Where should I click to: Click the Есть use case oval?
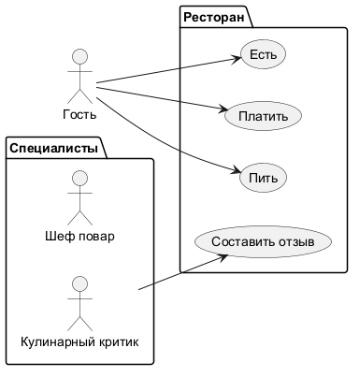[263, 54]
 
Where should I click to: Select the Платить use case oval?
[263, 116]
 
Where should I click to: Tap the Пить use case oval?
[263, 178]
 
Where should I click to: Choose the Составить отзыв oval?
[263, 241]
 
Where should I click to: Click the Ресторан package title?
[214, 17]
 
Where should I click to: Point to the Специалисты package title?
[53, 148]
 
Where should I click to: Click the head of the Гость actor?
[79, 57]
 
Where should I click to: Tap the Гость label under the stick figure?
[79, 114]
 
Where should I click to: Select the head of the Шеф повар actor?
[79, 179]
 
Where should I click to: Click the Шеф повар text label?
[79, 236]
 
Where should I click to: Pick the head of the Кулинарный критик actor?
[79, 284]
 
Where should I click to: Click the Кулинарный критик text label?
[79, 341]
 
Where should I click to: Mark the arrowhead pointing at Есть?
[237, 59]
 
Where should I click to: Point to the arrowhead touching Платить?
[223, 109]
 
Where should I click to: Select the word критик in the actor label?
[119, 342]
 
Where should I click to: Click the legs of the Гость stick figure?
[79, 96]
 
